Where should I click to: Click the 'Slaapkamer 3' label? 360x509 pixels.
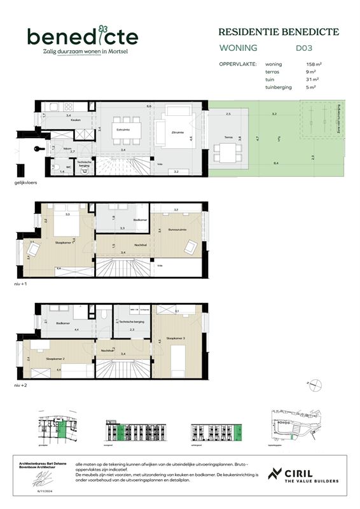click(x=176, y=338)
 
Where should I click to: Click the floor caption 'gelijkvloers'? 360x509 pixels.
click(x=27, y=183)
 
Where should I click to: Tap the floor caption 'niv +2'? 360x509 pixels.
click(x=24, y=385)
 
